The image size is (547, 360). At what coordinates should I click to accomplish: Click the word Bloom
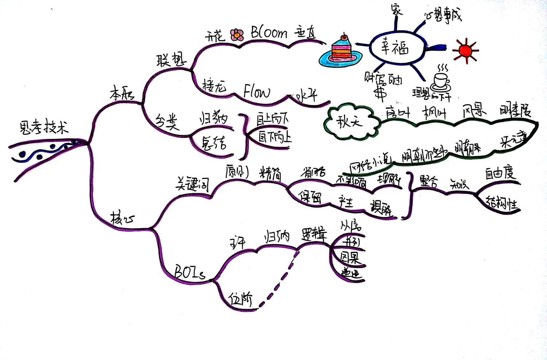(x=269, y=33)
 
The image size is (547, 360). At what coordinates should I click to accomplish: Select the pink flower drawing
(x=237, y=35)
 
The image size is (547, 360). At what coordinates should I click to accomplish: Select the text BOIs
(x=189, y=272)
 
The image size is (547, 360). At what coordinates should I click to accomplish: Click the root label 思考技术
(x=43, y=128)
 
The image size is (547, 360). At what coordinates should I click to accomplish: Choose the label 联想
(x=171, y=59)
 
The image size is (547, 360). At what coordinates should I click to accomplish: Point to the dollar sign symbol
(x=381, y=92)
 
